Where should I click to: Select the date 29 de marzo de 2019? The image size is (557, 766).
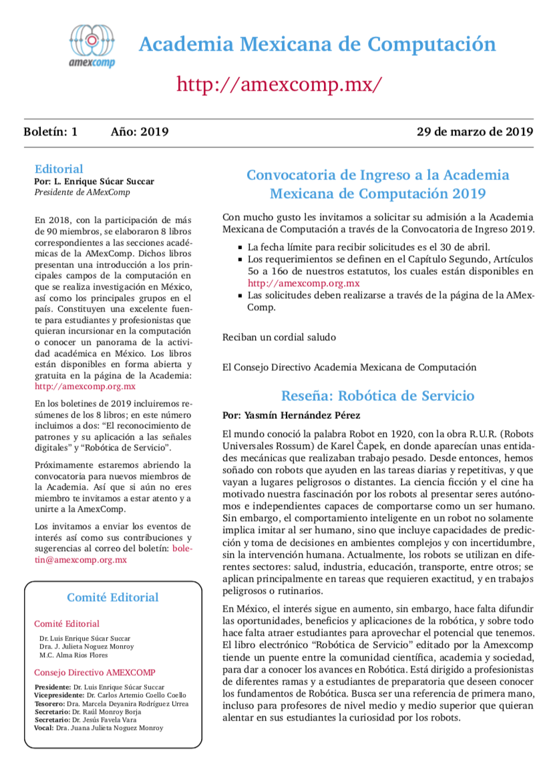pos(474,131)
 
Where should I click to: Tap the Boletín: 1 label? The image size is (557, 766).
pos(51,131)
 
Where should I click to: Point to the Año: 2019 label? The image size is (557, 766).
pos(139,131)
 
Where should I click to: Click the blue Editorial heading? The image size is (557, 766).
pos(59,169)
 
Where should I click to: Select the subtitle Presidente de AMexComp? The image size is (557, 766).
pos(82,192)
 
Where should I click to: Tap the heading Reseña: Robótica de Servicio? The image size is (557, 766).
pos(377,396)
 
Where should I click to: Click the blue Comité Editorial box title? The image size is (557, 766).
pos(113,597)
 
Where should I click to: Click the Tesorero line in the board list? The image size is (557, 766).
pos(110,703)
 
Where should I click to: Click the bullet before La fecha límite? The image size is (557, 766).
pos(240,247)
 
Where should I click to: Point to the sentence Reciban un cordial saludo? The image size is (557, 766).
pos(279,337)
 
